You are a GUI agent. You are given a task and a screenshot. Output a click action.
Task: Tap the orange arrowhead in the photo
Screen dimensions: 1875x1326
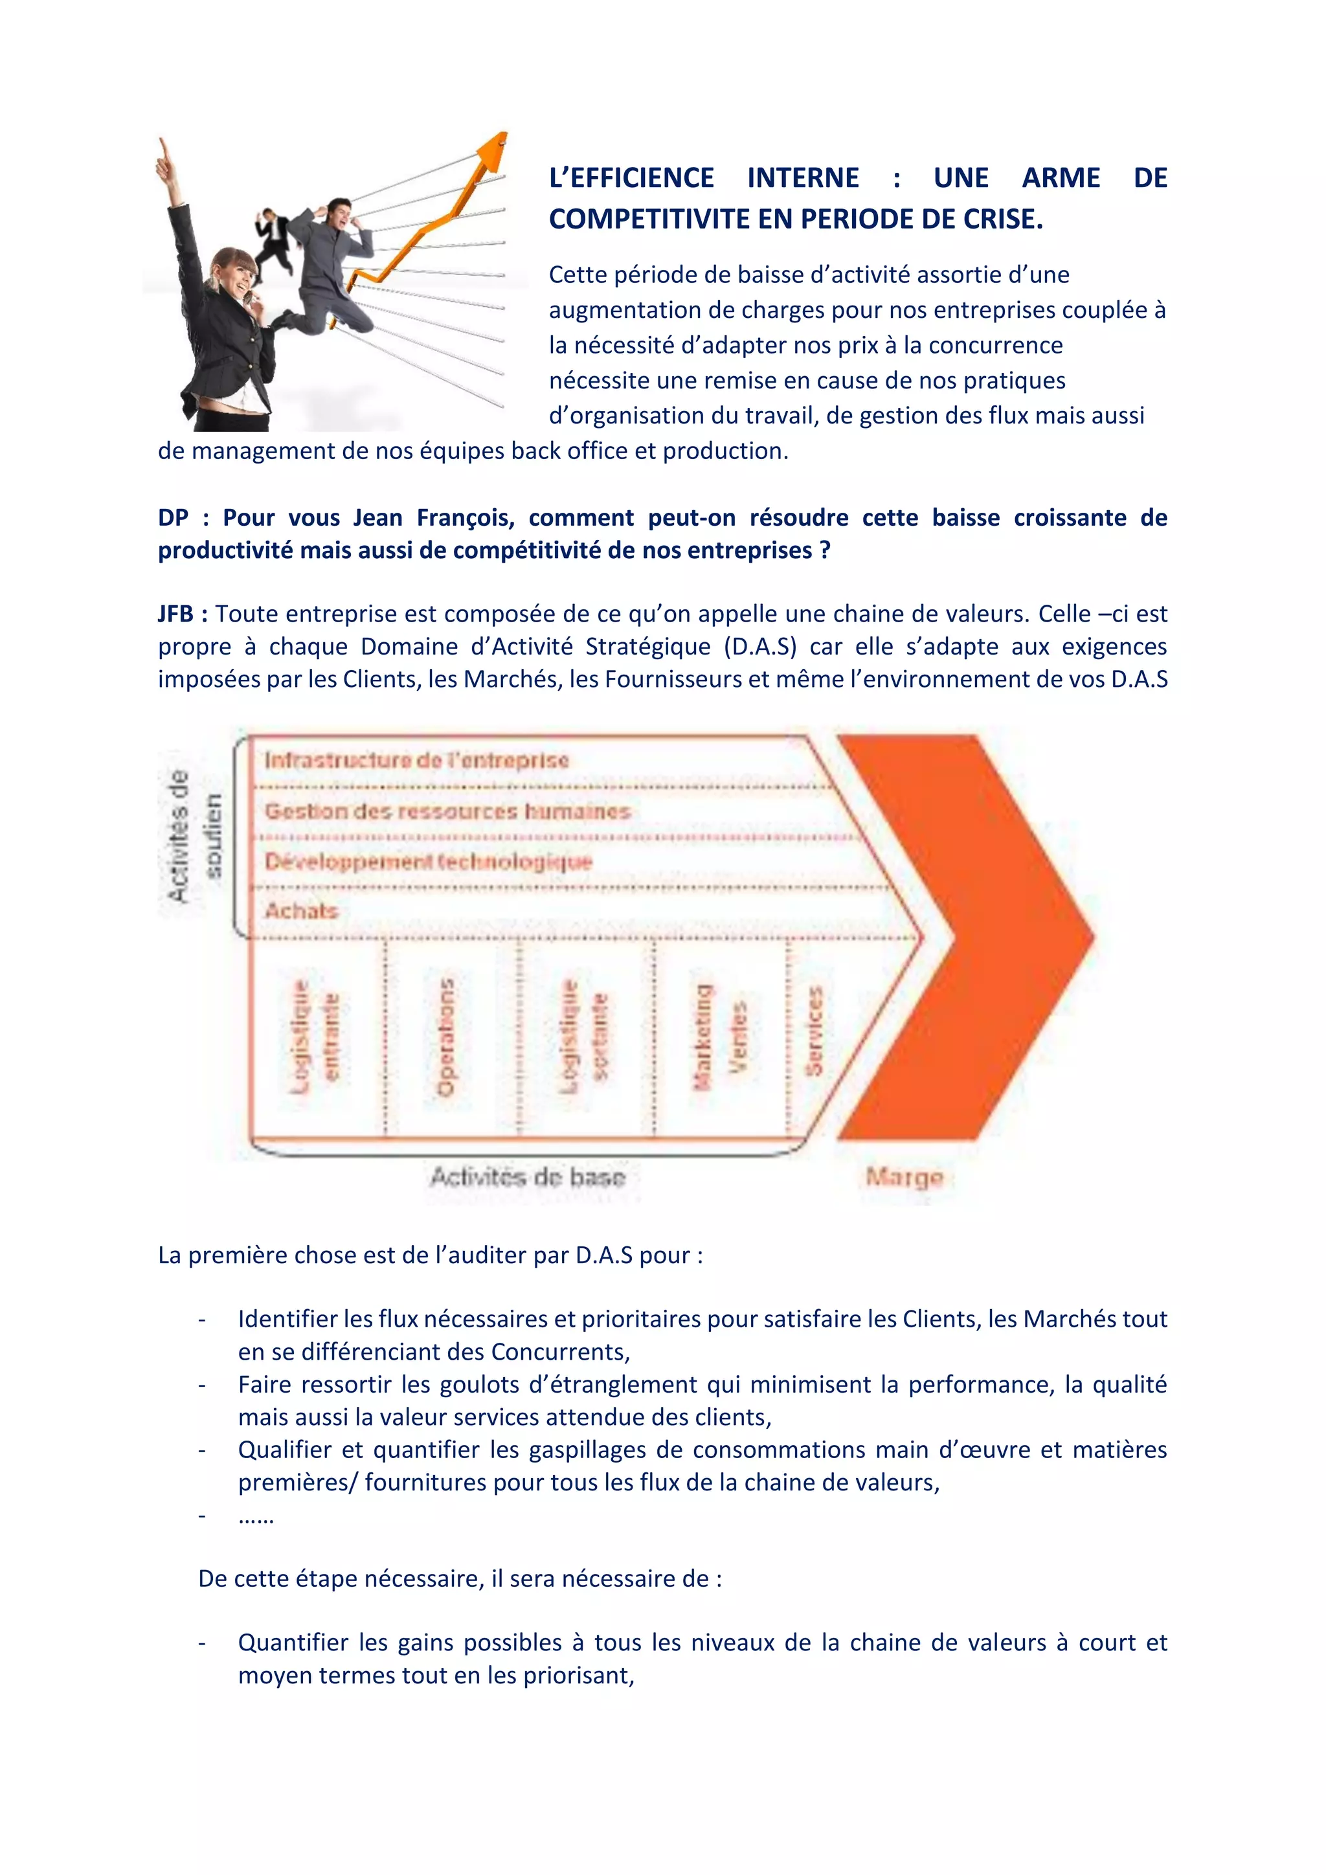[491, 151]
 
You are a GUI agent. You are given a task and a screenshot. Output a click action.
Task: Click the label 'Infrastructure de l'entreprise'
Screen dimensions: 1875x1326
[416, 760]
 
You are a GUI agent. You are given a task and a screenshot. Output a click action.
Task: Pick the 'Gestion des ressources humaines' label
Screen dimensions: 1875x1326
[447, 811]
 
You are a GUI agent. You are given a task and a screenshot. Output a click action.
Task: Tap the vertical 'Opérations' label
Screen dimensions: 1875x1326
[446, 1037]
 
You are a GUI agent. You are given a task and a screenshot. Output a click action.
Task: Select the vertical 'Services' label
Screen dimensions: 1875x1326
[813, 1031]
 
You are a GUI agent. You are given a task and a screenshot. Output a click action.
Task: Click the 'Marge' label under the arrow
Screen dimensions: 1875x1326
[904, 1177]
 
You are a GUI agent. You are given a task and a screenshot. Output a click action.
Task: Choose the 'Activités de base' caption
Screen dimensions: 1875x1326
[528, 1177]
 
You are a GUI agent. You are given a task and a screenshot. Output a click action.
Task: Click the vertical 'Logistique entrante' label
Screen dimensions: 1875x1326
[315, 1037]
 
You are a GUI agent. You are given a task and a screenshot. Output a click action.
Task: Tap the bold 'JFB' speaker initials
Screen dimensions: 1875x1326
[175, 614]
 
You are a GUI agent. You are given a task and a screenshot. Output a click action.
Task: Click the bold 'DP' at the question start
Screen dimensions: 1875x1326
[172, 518]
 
